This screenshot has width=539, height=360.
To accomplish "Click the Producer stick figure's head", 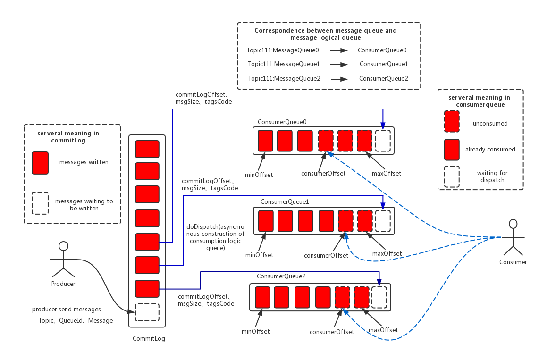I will (63, 246).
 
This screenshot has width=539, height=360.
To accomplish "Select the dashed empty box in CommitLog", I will (147, 312).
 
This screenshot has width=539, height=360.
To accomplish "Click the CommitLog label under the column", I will (149, 338).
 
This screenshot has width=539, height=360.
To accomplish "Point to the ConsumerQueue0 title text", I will (282, 122).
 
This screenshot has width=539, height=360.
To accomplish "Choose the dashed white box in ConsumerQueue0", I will (383, 141).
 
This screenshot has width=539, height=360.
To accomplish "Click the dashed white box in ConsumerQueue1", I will (383, 221).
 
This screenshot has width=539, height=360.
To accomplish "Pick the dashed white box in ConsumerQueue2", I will (379, 297).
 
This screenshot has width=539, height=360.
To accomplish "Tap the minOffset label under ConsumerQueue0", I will (259, 175).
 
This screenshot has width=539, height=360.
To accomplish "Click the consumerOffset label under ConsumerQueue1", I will (326, 255).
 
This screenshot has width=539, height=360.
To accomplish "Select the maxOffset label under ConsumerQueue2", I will (383, 330).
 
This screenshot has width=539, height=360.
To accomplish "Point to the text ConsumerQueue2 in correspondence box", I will (383, 78).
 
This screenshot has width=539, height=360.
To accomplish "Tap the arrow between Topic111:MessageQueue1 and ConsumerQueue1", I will (339, 64).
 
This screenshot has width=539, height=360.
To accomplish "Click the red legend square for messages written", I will (40, 163).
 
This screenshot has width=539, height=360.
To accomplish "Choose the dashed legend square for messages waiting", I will (40, 203).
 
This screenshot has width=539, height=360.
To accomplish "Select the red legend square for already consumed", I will (452, 150).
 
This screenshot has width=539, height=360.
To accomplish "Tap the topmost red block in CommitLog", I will (147, 149).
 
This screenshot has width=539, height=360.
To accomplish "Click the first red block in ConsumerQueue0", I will (265, 141).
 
